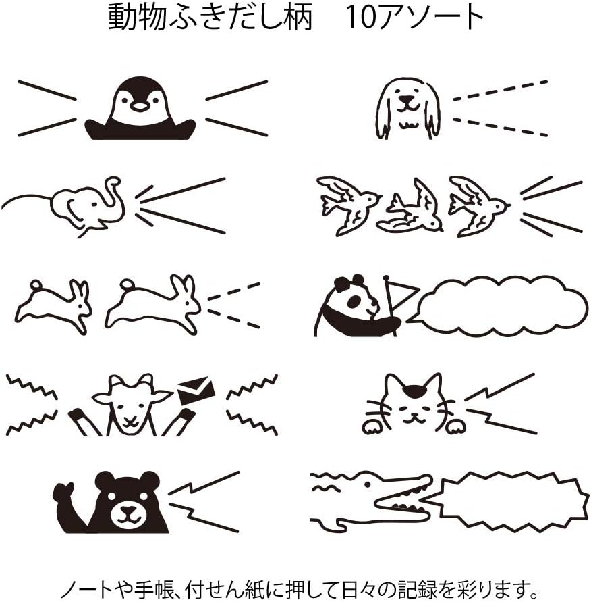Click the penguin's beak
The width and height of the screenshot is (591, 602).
[140, 106]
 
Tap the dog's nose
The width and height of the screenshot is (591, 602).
[406, 99]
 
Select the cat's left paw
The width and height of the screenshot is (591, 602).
[372, 427]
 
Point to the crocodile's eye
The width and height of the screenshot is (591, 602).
[368, 484]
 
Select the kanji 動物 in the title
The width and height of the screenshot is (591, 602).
[136, 18]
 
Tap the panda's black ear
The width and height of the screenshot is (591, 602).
[341, 284]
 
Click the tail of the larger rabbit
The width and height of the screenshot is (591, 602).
[125, 284]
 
